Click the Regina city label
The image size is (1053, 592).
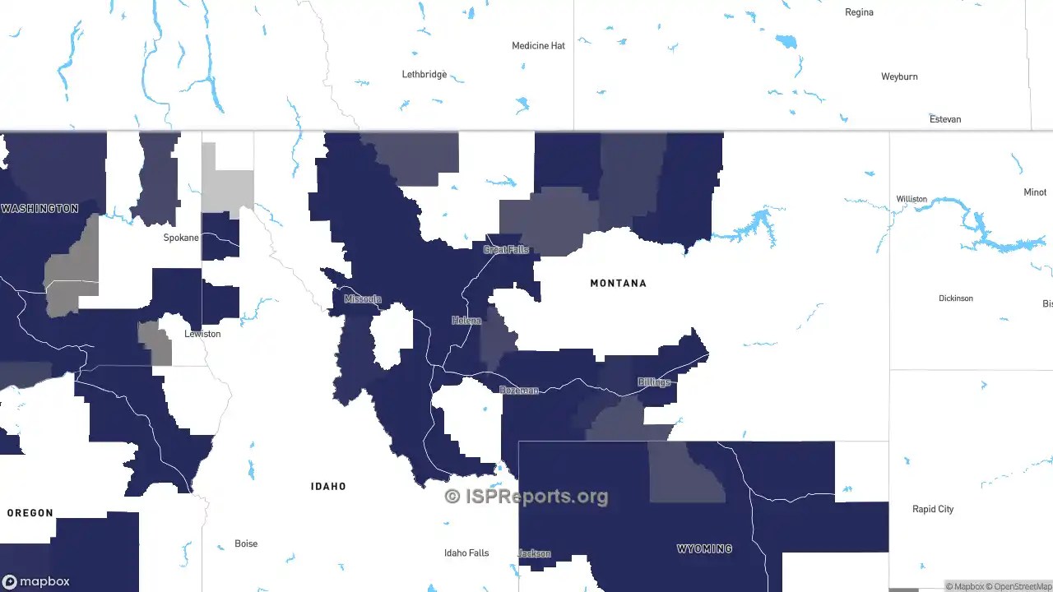click(x=859, y=12)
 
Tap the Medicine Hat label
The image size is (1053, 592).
click(x=538, y=46)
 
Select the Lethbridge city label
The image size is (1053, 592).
click(x=424, y=75)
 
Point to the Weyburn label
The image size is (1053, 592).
click(x=899, y=76)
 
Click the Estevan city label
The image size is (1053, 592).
click(x=945, y=119)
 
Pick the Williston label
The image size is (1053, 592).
click(x=912, y=199)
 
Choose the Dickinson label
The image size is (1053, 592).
click(x=956, y=298)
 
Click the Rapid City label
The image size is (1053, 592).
click(x=933, y=509)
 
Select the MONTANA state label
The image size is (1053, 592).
click(x=618, y=283)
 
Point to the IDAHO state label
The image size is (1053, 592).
click(x=328, y=487)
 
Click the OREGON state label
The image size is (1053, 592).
click(x=30, y=513)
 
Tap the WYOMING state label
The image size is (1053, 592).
click(x=704, y=548)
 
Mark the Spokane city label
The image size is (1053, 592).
click(x=181, y=238)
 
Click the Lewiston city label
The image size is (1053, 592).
click(x=202, y=334)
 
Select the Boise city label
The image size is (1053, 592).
click(x=246, y=543)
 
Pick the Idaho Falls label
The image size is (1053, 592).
click(x=466, y=553)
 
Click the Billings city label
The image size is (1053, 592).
click(x=654, y=382)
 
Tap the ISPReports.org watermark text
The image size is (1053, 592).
click(x=526, y=496)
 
